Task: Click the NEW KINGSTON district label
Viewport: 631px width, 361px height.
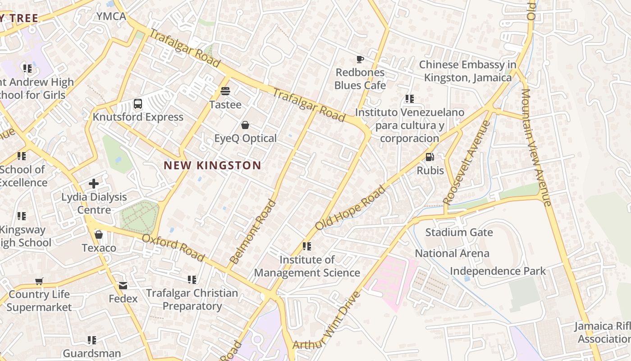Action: (212, 165)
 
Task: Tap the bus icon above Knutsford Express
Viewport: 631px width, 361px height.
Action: (138, 104)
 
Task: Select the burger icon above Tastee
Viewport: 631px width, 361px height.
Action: (225, 91)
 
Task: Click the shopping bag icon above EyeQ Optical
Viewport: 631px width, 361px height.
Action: (245, 125)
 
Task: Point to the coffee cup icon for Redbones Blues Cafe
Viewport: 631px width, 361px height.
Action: (360, 59)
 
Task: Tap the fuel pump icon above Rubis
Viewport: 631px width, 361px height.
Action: (430, 157)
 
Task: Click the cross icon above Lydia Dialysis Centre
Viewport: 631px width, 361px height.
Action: (94, 184)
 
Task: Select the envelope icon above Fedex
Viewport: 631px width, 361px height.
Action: (123, 286)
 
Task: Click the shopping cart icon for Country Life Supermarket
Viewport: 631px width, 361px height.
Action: (39, 281)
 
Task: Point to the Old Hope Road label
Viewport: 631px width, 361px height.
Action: (351, 208)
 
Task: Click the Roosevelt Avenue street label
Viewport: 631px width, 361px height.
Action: (466, 162)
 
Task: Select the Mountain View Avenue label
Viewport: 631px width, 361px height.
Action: (536, 147)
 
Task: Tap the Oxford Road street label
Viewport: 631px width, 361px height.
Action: (173, 247)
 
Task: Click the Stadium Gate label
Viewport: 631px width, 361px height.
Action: (459, 232)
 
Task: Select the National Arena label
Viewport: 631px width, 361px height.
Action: (452, 253)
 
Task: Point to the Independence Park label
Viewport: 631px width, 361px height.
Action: (498, 271)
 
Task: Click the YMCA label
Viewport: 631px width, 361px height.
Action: (111, 17)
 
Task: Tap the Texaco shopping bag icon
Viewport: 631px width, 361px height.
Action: (99, 235)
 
